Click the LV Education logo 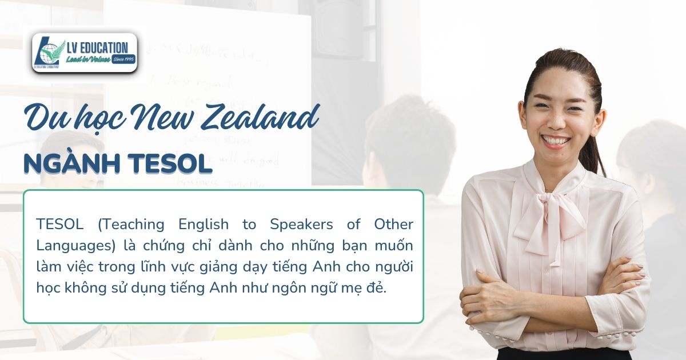point(85,52)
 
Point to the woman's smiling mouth point(555,139)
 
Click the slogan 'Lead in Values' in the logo point(89,59)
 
